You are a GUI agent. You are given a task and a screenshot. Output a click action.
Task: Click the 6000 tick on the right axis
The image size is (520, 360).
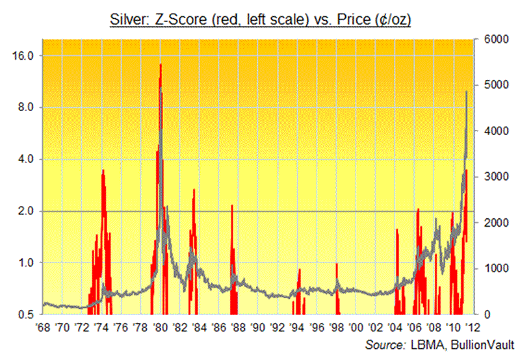[x=493, y=39]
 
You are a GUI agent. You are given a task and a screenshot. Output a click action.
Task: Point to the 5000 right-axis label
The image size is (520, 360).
[x=493, y=85]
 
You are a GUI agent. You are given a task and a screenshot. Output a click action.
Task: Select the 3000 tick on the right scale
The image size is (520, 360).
[x=493, y=177]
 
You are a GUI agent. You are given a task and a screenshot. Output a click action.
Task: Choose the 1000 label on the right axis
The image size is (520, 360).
[x=493, y=268]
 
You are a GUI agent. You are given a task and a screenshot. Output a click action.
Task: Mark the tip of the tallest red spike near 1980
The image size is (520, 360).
[x=161, y=64]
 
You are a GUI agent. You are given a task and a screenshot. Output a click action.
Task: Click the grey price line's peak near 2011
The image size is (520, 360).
[x=467, y=92]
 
